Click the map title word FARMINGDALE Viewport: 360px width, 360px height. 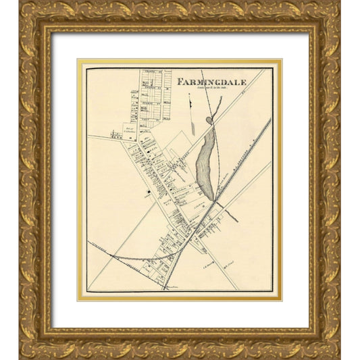pos(211,82)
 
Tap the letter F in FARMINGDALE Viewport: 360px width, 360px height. pos(180,82)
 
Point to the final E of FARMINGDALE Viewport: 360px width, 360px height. pos(244,82)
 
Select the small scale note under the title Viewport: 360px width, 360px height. pos(211,88)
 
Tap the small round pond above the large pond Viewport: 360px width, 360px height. pos(209,120)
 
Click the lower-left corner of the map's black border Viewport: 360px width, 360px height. pos(87,291)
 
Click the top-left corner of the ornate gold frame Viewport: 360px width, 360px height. pos(21,3)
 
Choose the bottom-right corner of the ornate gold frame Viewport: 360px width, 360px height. pos(339,357)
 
